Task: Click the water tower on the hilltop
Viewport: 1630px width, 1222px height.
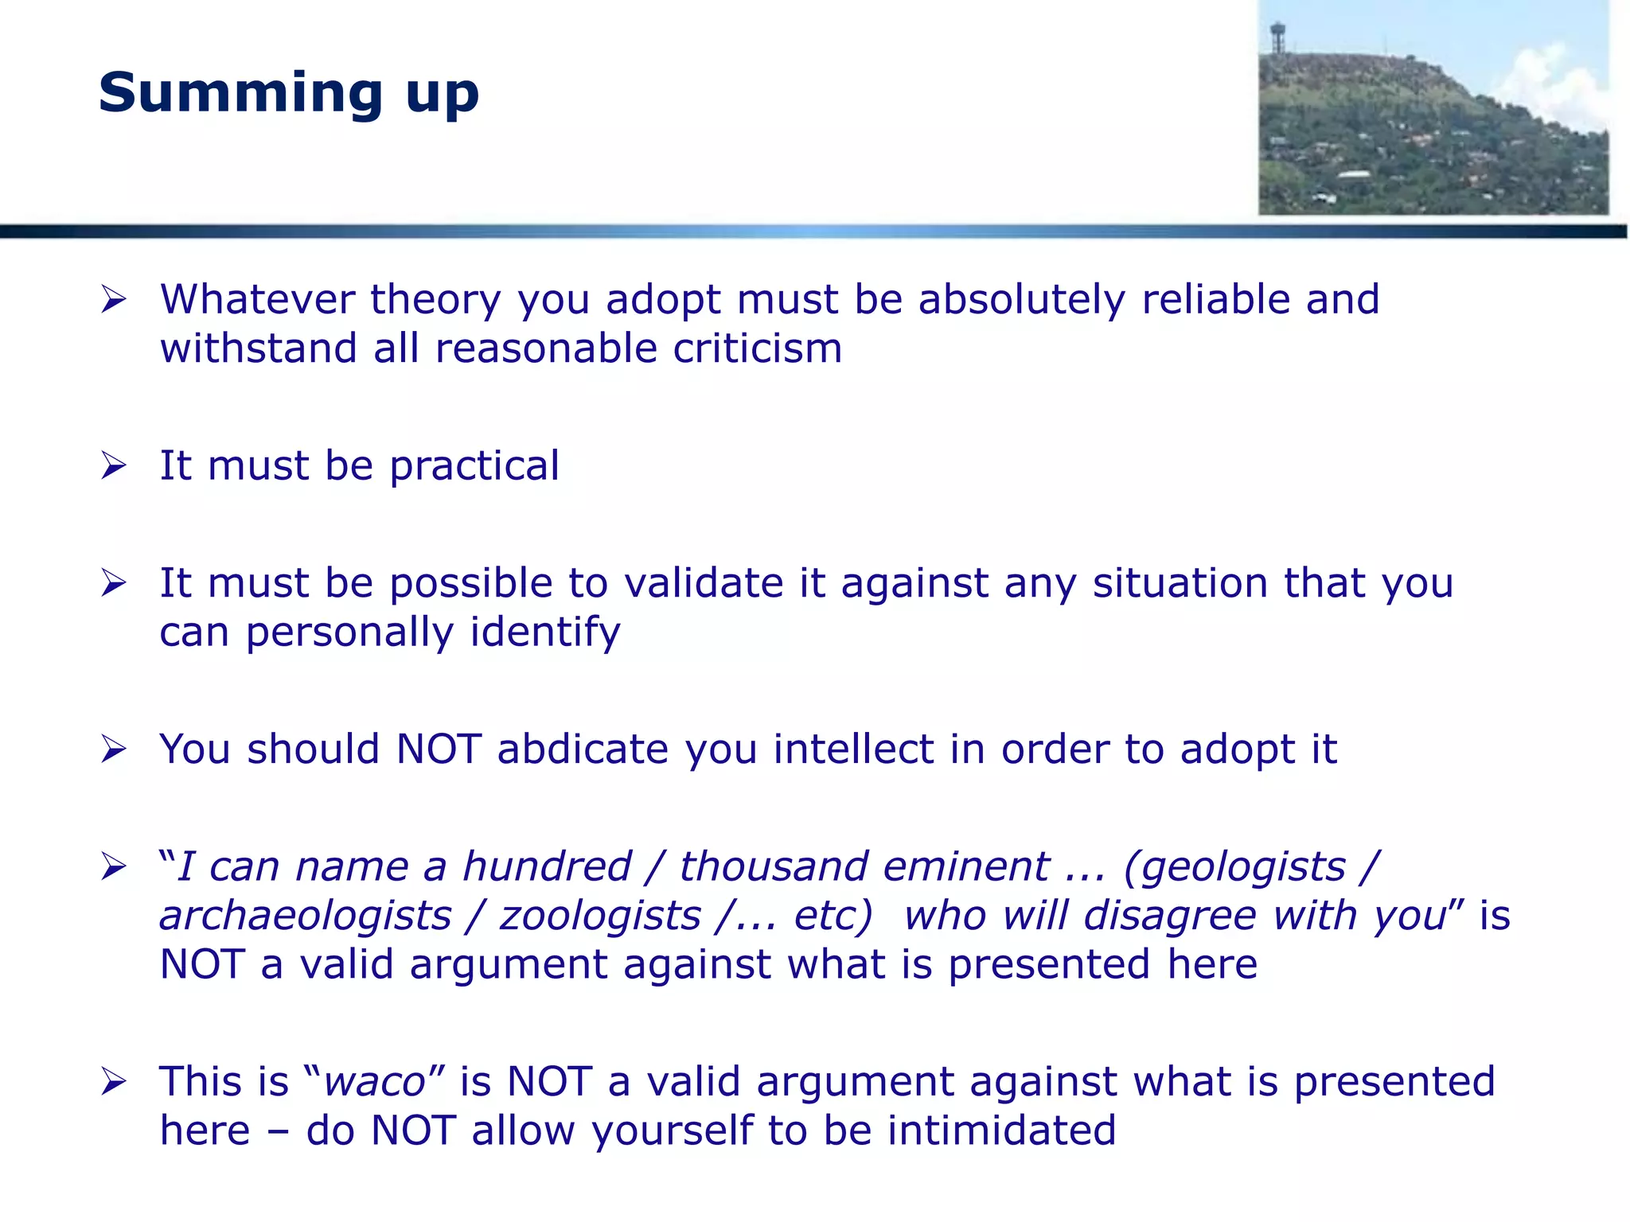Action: tap(1277, 37)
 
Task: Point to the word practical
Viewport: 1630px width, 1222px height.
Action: tap(474, 466)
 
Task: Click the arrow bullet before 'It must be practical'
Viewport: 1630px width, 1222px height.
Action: tap(114, 466)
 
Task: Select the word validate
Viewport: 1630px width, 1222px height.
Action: tap(704, 583)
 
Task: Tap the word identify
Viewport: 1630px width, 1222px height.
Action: tap(544, 632)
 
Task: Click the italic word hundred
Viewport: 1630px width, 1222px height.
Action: tap(547, 866)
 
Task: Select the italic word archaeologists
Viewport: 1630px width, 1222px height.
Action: tap(306, 916)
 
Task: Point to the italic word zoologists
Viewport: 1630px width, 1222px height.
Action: tap(600, 916)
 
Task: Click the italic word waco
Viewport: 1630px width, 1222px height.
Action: tap(375, 1082)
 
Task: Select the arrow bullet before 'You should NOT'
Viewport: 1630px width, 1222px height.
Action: tap(114, 749)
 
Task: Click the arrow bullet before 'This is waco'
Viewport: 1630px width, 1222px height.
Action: tap(114, 1082)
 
